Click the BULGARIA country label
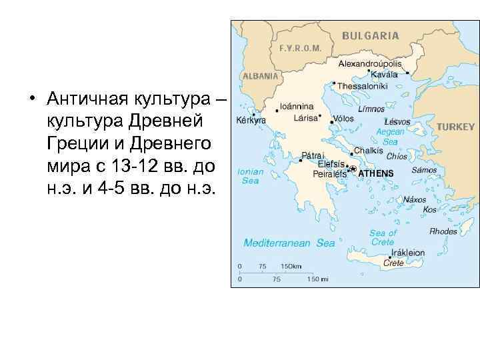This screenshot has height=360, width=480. pos(371,35)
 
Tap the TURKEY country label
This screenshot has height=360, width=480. pos(455,126)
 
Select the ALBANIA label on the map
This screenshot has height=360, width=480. pos(260,76)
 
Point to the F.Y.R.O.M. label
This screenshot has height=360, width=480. pos(301,48)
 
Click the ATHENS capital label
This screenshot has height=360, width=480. pos(376,173)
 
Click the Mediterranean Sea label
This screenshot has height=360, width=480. pos(289,243)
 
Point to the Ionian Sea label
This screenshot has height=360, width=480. pos(250,176)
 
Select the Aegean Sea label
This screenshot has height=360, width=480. pos(390,137)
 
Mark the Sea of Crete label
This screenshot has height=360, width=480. pos(383,237)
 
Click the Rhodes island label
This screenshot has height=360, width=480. pos(443,231)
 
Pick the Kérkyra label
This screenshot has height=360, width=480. pos(251,121)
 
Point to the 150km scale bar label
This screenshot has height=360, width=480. pos(291,266)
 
